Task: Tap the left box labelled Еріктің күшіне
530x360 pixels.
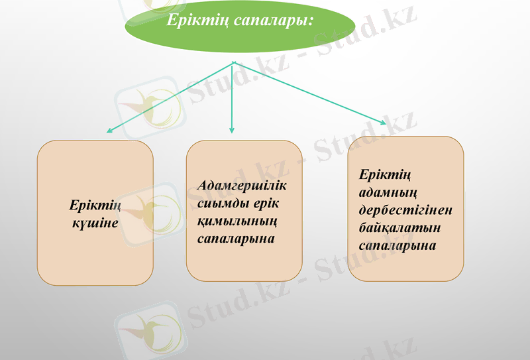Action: click(x=95, y=212)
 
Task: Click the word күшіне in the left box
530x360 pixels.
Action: click(x=95, y=223)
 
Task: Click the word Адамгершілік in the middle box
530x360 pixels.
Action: click(x=242, y=185)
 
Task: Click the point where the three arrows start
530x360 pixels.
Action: click(x=233, y=64)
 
